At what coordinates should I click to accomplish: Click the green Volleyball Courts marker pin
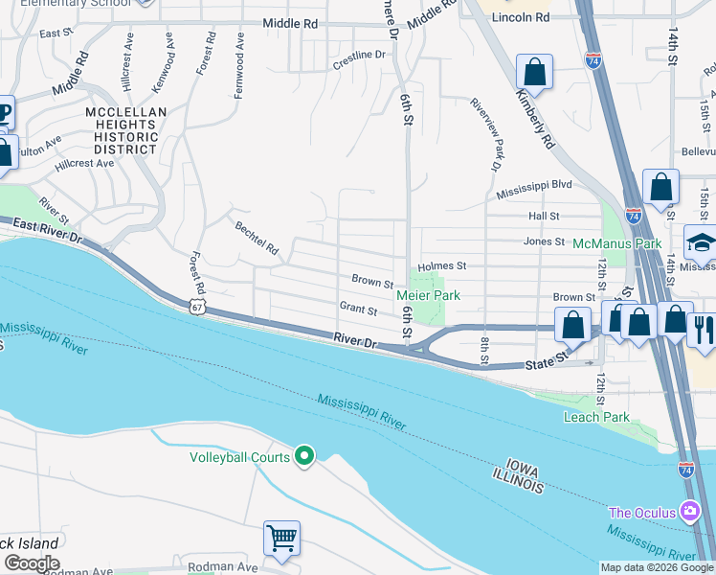pyautogui.click(x=304, y=456)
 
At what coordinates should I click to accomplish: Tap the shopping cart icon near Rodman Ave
pyautogui.click(x=282, y=538)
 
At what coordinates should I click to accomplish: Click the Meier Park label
pyautogui.click(x=428, y=295)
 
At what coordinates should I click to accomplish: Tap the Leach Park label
pyautogui.click(x=596, y=417)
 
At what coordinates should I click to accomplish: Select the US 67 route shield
pyautogui.click(x=197, y=305)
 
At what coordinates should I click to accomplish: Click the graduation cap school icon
pyautogui.click(x=701, y=241)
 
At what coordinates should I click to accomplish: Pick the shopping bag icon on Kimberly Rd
pyautogui.click(x=534, y=72)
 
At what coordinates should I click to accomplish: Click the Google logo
pyautogui.click(x=32, y=563)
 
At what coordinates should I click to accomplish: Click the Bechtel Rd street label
pyautogui.click(x=257, y=239)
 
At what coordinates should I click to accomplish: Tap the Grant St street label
pyautogui.click(x=358, y=308)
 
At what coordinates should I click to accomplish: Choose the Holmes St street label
pyautogui.click(x=441, y=265)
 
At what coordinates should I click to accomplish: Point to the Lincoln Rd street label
pyautogui.click(x=528, y=17)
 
